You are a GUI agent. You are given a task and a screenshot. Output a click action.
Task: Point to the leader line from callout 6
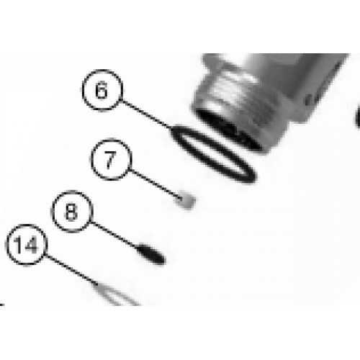146,114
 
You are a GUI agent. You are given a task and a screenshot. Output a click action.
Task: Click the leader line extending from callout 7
156,184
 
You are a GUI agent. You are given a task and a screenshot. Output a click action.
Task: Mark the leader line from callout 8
115,235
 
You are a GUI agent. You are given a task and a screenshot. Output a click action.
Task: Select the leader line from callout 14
71,269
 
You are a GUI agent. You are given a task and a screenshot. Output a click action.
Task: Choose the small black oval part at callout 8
151,254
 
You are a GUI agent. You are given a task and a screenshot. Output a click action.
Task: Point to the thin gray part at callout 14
115,294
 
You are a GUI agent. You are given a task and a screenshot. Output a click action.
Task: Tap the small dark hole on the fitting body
309,99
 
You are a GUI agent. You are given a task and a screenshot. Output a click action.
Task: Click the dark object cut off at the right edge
358,117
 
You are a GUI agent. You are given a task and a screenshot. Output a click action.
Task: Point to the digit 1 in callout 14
17,245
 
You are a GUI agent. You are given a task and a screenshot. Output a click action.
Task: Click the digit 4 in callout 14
30,245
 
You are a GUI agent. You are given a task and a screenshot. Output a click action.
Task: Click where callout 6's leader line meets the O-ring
171,129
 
